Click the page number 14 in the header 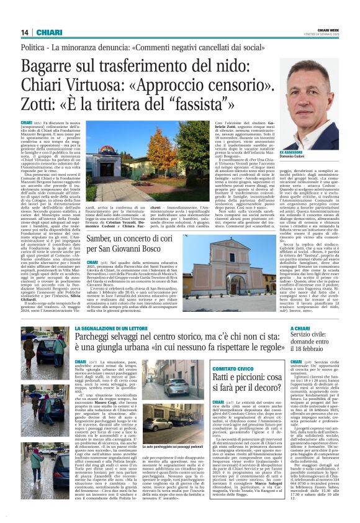coord(25,32)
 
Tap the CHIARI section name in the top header coord(47,32)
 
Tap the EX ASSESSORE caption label coord(291,152)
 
